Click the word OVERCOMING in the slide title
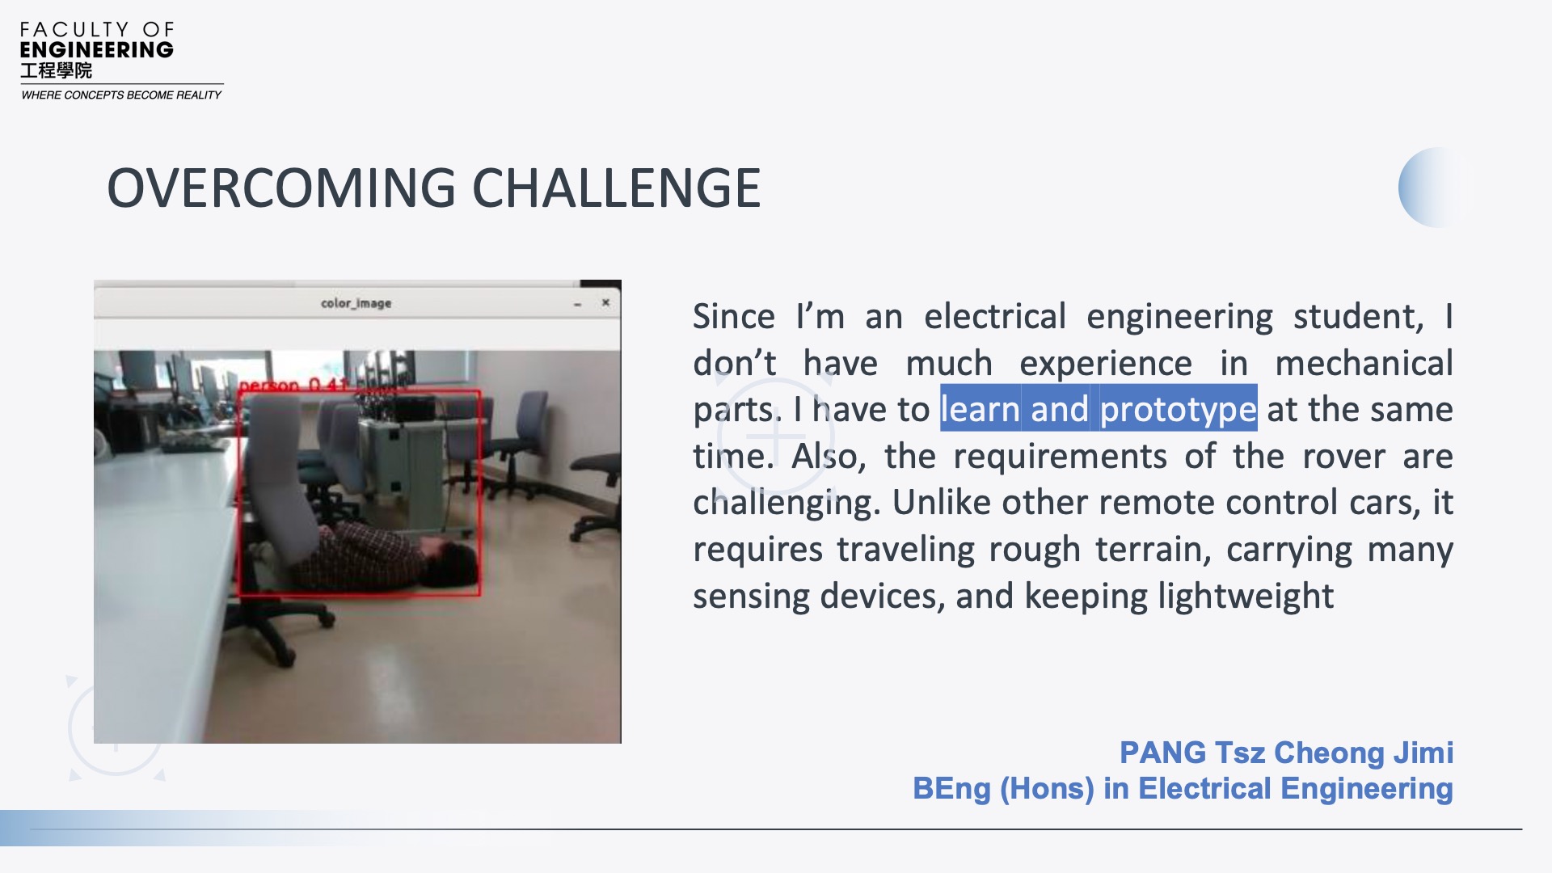point(281,188)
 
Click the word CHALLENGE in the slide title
point(616,188)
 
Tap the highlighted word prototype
point(1178,410)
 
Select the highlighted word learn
point(980,409)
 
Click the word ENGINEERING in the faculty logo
point(96,50)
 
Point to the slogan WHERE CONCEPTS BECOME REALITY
point(121,95)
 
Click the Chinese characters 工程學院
point(56,71)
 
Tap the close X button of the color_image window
point(605,303)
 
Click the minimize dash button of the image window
point(577,305)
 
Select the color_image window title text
point(356,303)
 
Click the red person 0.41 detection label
point(294,385)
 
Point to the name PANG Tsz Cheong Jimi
point(1286,753)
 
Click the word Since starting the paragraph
point(734,316)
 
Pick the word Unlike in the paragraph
point(942,503)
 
